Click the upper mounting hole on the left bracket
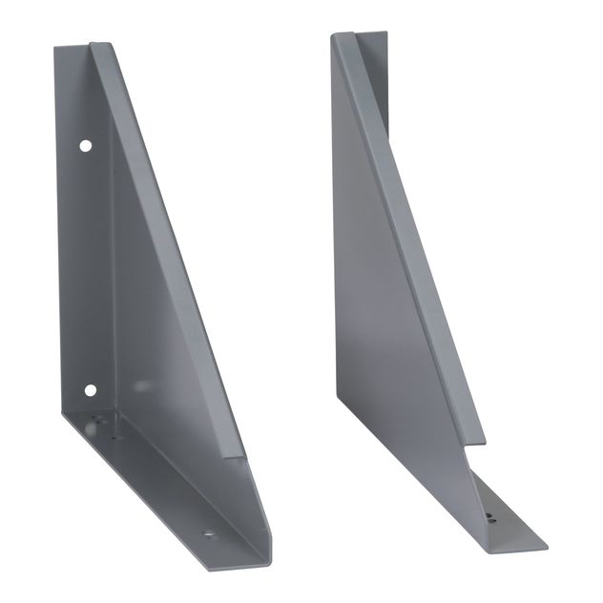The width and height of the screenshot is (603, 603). click(86, 147)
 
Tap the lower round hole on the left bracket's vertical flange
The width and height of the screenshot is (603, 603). click(91, 389)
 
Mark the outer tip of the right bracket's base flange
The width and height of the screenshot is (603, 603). click(547, 548)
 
